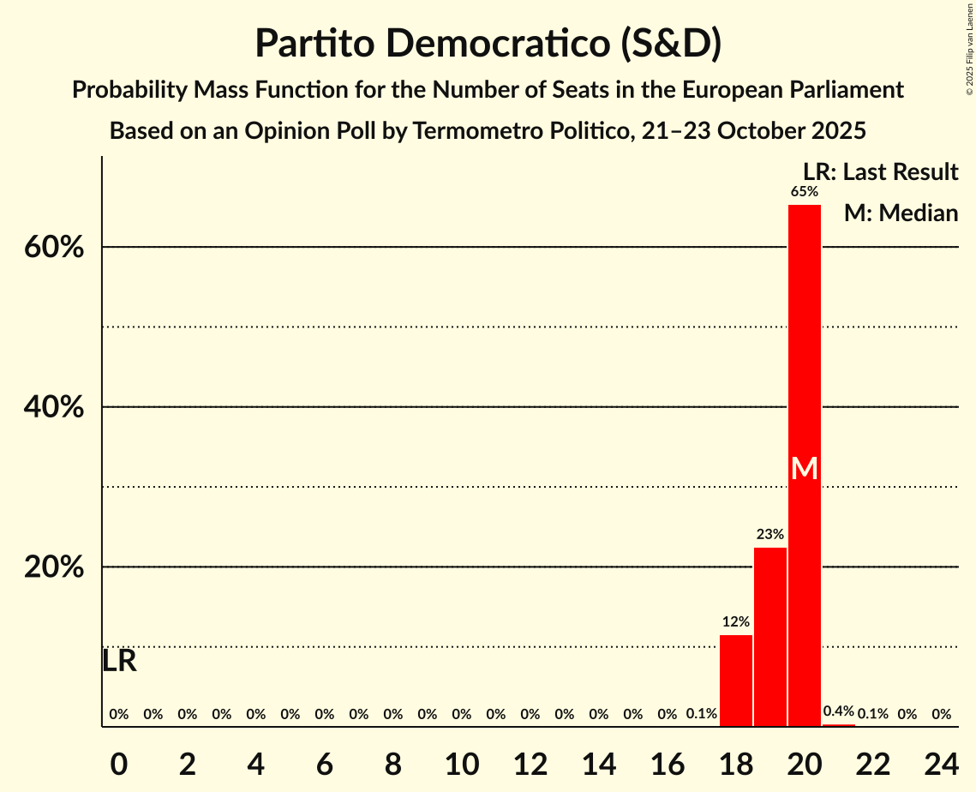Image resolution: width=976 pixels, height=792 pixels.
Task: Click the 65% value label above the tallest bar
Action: pyautogui.click(x=805, y=192)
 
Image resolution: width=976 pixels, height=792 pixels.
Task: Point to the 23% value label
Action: pyautogui.click(x=770, y=535)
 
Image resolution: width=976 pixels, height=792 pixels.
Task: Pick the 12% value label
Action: pyautogui.click(x=736, y=622)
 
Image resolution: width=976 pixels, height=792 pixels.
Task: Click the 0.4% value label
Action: pyautogui.click(x=839, y=711)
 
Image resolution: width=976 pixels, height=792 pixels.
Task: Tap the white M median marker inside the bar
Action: pyautogui.click(x=805, y=468)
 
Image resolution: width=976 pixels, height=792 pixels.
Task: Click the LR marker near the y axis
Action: pyautogui.click(x=119, y=661)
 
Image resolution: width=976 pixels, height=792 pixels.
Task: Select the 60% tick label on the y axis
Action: pyautogui.click(x=53, y=248)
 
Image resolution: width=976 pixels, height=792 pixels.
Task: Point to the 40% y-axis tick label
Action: pyautogui.click(x=53, y=408)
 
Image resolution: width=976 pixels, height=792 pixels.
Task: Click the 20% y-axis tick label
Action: pyautogui.click(x=53, y=568)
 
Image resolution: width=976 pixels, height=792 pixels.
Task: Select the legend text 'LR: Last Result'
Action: pyautogui.click(x=880, y=172)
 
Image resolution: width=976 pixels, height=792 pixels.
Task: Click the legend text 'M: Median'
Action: pyautogui.click(x=901, y=213)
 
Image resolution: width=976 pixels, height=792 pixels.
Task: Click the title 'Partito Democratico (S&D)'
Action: pyautogui.click(x=488, y=44)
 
